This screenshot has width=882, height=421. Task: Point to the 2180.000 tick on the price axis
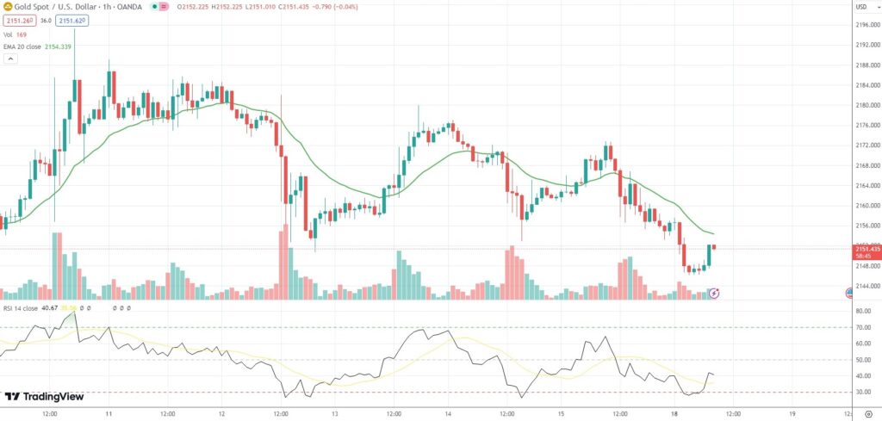866,105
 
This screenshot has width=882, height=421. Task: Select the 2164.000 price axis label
866,185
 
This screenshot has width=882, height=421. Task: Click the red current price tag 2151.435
866,248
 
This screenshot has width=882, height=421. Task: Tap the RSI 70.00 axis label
862,327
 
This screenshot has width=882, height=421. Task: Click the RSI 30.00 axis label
862,392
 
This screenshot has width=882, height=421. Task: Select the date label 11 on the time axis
109,413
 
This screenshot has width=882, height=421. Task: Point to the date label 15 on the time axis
562,413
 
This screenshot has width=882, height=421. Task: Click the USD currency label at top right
861,7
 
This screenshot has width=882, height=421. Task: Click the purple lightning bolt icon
714,294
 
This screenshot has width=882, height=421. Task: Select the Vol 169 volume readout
15,34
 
